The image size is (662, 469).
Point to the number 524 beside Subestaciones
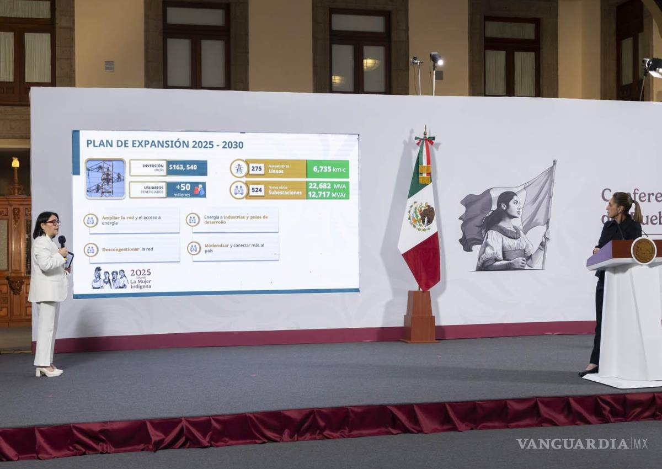[256, 190]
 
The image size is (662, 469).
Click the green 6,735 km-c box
[328, 169]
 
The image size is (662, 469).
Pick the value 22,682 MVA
[327, 186]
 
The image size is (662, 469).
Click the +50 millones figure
[186, 190]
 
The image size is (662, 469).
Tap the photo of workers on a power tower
[105, 179]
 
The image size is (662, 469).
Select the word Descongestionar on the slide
[120, 249]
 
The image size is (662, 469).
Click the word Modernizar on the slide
[216, 245]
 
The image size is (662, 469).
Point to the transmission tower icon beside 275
[239, 168]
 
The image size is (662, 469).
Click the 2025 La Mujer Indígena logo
[121, 279]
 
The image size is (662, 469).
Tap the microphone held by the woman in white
[62, 241]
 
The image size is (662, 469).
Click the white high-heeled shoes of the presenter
[49, 372]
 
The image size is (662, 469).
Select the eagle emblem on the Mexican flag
[421, 216]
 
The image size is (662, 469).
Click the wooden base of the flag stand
[419, 317]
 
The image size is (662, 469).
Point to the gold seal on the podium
[643, 251]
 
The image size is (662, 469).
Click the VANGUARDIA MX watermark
[582, 444]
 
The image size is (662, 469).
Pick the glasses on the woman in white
[54, 222]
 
